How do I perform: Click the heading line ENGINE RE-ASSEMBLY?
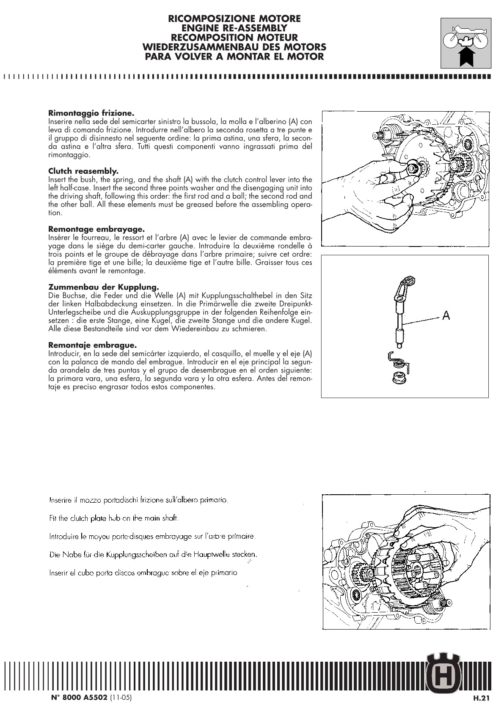tap(234, 28)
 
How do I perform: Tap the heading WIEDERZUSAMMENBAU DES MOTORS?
tap(234, 47)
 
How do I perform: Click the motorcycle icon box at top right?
tap(465, 43)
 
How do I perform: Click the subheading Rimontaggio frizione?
tap(91, 113)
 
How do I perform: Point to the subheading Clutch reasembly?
tap(83, 171)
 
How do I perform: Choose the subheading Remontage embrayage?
tap(96, 229)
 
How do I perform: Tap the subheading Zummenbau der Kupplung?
tap(103, 288)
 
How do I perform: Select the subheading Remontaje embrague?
tap(92, 345)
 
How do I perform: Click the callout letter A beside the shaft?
tap(446, 315)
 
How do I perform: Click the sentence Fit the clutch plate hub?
tap(114, 518)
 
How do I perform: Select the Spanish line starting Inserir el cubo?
tap(143, 573)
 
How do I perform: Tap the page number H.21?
tap(481, 698)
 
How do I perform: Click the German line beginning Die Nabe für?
tap(153, 554)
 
